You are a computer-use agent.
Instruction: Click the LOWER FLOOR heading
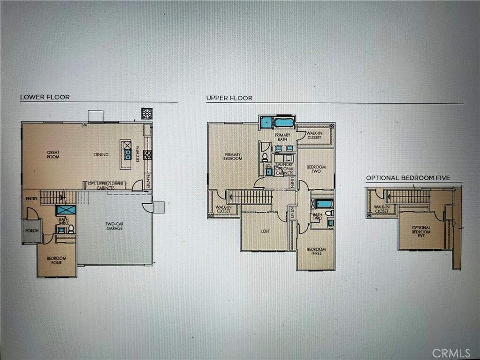[x=45, y=97]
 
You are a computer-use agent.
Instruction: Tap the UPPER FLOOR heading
[x=229, y=98]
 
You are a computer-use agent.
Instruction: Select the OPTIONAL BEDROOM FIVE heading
[x=408, y=178]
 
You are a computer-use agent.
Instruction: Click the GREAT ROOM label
[x=53, y=154]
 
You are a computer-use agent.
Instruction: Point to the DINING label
[x=101, y=154]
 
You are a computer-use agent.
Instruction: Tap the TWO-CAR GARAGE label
[x=114, y=226]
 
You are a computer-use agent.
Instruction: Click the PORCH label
[x=31, y=230]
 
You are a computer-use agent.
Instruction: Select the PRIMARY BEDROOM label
[x=233, y=156]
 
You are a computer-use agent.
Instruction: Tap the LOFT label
[x=265, y=231]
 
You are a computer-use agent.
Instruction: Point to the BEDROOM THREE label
[x=316, y=251]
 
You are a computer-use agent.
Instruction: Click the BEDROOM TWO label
[x=316, y=169]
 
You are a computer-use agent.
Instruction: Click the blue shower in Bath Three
[x=66, y=210]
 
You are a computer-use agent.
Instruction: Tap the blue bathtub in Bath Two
[x=323, y=204]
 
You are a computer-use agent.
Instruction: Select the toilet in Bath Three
[x=71, y=229]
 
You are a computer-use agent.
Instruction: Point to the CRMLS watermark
[x=451, y=352]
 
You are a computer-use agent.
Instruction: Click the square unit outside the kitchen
[x=147, y=113]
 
